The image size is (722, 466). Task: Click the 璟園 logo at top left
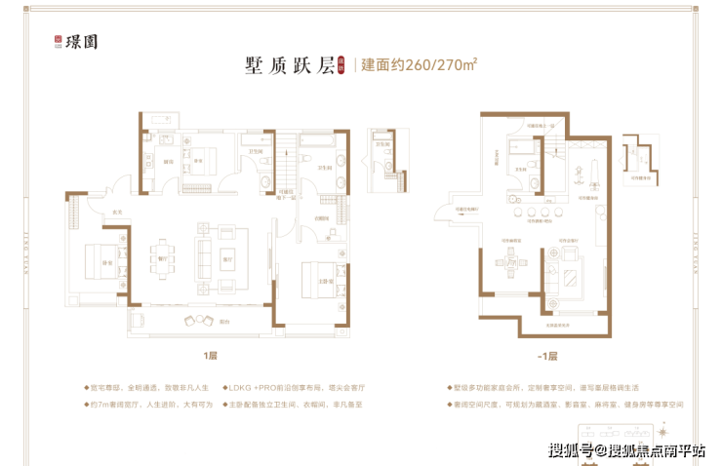coord(79,42)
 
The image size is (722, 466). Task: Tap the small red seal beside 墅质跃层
coord(342,66)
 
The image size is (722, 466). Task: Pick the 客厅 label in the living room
coord(226,259)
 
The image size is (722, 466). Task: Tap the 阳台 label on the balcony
coord(224,322)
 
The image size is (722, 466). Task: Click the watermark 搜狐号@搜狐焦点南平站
coord(625,449)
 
